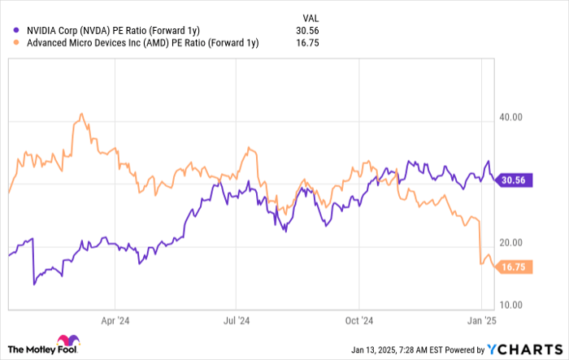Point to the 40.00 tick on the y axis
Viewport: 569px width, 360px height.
(x=510, y=117)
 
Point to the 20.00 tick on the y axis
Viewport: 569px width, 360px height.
(x=510, y=243)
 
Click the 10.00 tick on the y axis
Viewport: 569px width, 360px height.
(x=510, y=305)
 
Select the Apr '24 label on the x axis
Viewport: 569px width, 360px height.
(x=118, y=320)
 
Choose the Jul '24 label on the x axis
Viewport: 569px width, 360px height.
(x=237, y=320)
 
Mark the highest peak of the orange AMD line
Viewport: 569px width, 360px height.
(x=80, y=114)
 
